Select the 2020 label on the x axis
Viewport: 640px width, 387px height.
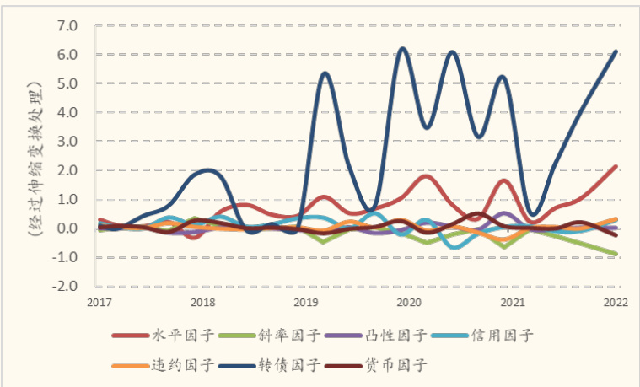pos(408,302)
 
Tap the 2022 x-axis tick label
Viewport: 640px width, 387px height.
pos(616,302)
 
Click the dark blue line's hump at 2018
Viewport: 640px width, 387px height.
pos(207,170)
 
